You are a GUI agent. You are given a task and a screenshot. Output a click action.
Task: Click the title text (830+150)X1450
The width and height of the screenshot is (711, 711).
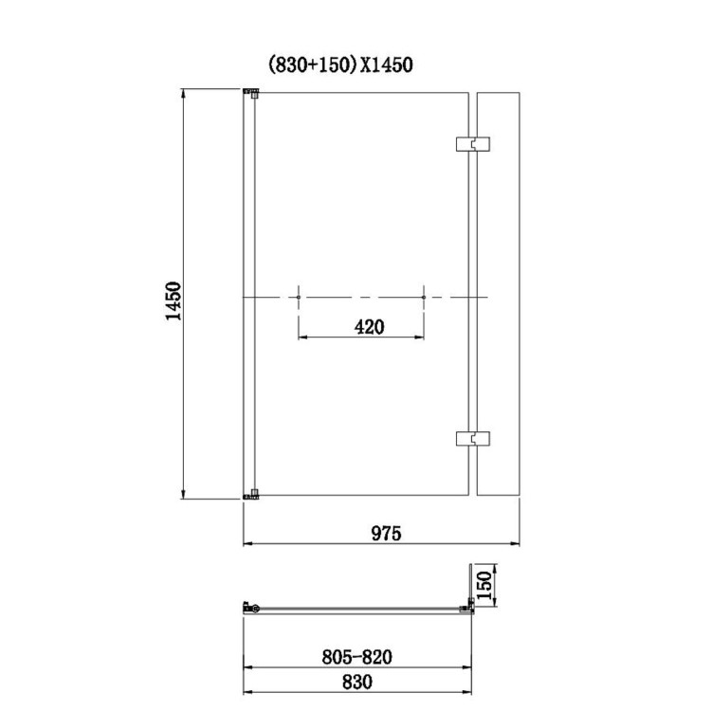click(339, 64)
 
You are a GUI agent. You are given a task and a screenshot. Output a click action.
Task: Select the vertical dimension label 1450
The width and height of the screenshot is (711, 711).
click(173, 301)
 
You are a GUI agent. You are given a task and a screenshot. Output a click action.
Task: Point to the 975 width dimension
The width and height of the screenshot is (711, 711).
click(386, 533)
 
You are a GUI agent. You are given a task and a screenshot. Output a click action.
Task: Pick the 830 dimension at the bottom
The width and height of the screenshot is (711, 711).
click(357, 682)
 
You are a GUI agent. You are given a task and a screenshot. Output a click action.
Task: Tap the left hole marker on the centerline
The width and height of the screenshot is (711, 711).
click(299, 298)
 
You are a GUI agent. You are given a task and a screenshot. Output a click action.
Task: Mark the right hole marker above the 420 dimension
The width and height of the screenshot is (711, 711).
click(424, 298)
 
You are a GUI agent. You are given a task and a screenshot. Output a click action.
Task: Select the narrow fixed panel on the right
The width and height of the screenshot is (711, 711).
click(500, 293)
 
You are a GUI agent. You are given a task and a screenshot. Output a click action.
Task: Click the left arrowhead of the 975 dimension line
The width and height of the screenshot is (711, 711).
click(248, 544)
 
